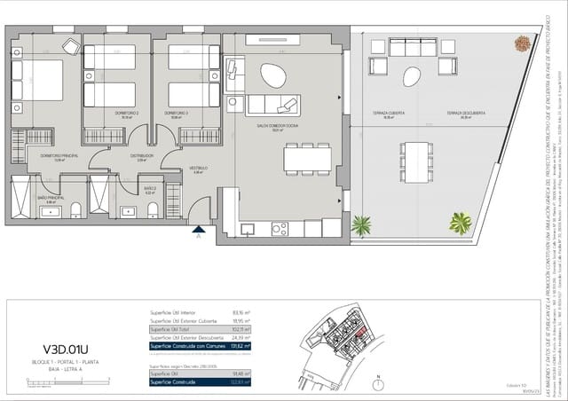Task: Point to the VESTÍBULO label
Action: [198, 169]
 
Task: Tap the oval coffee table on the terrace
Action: [411, 76]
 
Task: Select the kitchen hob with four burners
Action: [280, 228]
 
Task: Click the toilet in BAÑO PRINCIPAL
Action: [76, 209]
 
